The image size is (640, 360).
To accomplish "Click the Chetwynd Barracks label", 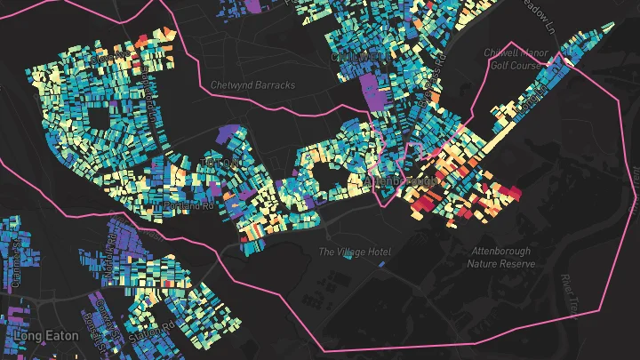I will point(252,85).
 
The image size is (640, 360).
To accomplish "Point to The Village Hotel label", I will point(348,252).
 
